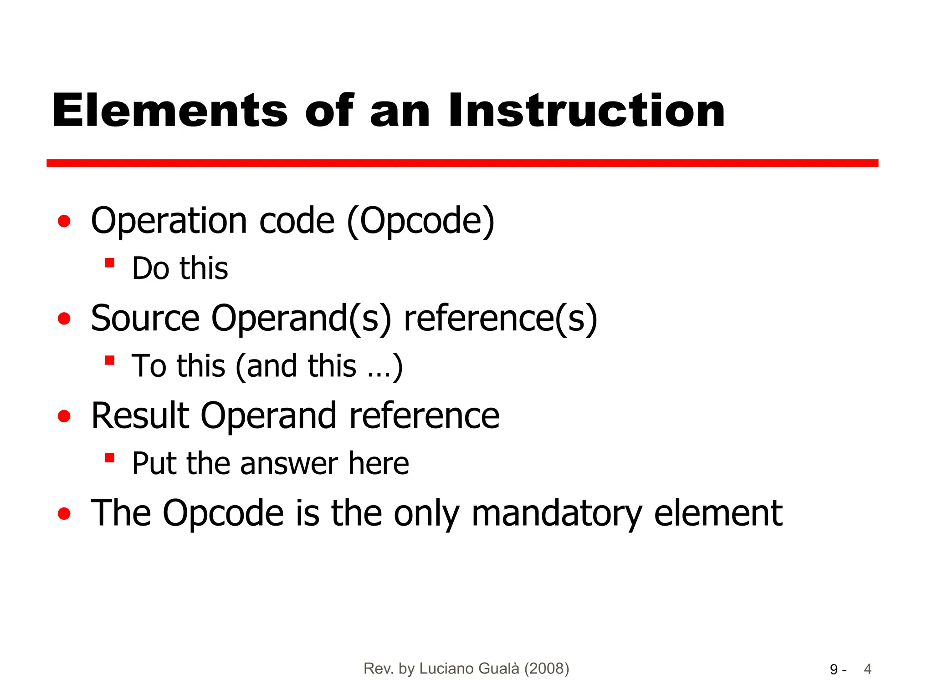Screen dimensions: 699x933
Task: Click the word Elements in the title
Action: click(170, 110)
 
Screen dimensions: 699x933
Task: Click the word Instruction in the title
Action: click(586, 110)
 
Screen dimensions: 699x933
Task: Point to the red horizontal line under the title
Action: click(462, 163)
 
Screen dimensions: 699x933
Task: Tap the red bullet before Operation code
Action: click(64, 221)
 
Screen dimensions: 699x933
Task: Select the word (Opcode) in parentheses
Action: click(420, 221)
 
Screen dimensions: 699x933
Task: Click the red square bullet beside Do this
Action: click(109, 263)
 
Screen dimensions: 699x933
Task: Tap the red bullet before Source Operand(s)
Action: click(64, 319)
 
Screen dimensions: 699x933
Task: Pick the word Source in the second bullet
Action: click(145, 318)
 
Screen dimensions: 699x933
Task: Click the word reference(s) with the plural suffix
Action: click(500, 318)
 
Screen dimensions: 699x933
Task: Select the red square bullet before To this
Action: click(109, 360)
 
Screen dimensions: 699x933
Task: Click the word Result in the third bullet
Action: click(140, 415)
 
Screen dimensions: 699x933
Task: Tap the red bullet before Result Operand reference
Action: click(64, 416)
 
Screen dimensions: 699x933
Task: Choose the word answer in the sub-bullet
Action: click(289, 464)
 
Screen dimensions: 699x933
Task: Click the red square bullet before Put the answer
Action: click(109, 457)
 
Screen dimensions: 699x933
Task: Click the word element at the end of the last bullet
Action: click(718, 513)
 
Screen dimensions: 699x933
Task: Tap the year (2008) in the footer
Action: click(546, 669)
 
